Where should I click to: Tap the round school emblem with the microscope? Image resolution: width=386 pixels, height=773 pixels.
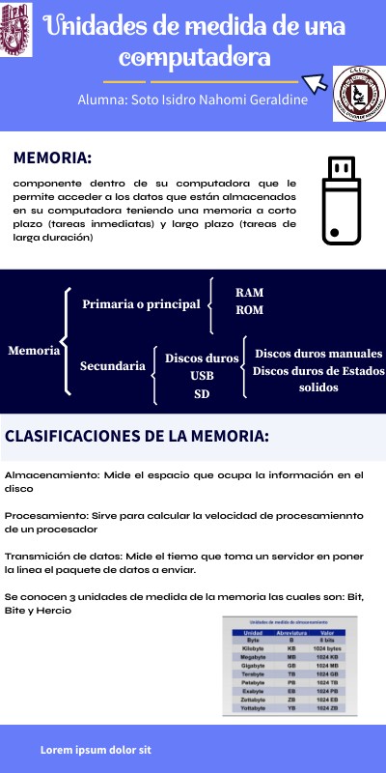[358, 95]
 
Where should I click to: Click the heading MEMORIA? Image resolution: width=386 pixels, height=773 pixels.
[53, 158]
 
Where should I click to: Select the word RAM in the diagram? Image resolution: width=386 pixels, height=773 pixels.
[249, 292]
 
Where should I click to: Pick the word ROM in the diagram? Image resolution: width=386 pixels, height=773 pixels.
[249, 310]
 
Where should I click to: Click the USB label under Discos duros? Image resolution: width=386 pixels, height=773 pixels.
[202, 375]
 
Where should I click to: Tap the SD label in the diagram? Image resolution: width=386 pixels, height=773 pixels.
[202, 393]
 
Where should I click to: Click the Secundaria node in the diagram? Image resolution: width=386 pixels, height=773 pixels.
[113, 366]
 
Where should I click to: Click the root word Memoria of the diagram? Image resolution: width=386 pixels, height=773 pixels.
[34, 351]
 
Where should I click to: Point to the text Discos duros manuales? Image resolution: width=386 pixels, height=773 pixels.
[317, 354]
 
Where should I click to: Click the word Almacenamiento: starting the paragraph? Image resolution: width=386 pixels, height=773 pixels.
[44, 475]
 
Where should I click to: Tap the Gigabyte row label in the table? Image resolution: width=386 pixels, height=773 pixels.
[253, 665]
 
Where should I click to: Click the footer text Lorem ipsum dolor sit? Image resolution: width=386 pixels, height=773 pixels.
[96, 750]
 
